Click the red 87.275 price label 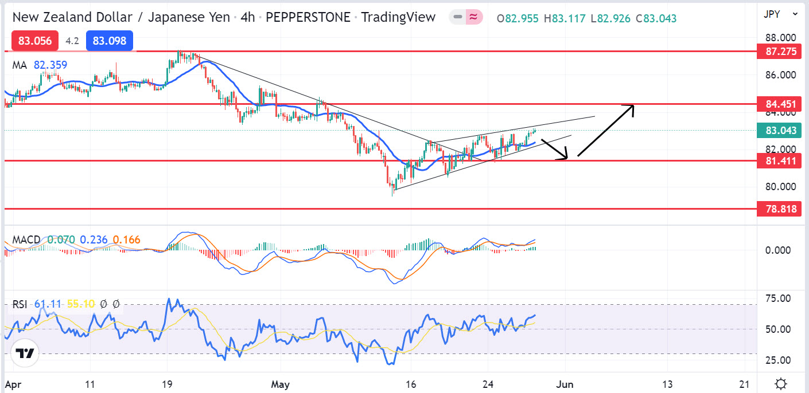click(780, 52)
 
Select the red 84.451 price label click(780, 104)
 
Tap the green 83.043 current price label click(780, 131)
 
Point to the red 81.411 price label click(780, 161)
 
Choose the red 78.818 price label click(780, 209)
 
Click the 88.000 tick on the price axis click(780, 38)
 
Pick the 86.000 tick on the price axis click(780, 74)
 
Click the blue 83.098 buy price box click(110, 41)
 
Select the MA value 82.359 click(50, 65)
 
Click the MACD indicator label click(26, 239)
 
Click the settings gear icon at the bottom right click(780, 383)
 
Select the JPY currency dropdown click(780, 14)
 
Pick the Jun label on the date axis click(566, 383)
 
